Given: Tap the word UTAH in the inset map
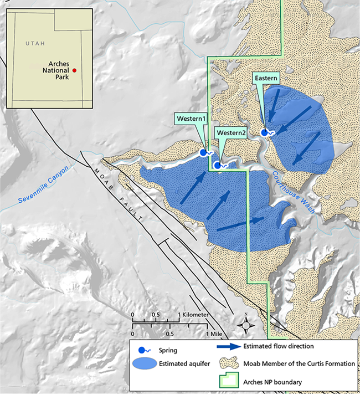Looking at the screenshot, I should (35, 43).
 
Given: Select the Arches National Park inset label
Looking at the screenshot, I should (55, 70).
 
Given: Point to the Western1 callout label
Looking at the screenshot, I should (192, 119).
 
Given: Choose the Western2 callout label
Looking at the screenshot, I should (231, 133).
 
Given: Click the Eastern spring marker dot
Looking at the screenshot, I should (264, 132).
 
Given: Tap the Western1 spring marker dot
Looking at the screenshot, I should (203, 151).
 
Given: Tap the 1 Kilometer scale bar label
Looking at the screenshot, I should (193, 315).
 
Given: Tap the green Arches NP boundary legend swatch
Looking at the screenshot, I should (228, 381).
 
